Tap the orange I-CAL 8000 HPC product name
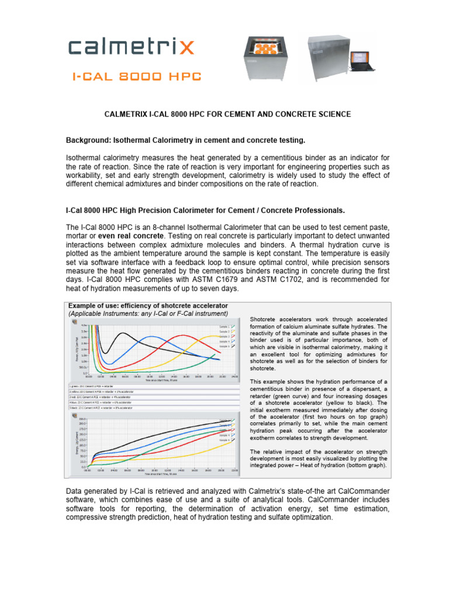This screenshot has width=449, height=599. coord(136,76)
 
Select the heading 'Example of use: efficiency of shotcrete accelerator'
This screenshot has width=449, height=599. coord(148,306)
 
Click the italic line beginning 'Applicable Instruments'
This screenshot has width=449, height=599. coord(148,314)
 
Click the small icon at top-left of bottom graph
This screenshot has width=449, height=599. coord(73,416)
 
